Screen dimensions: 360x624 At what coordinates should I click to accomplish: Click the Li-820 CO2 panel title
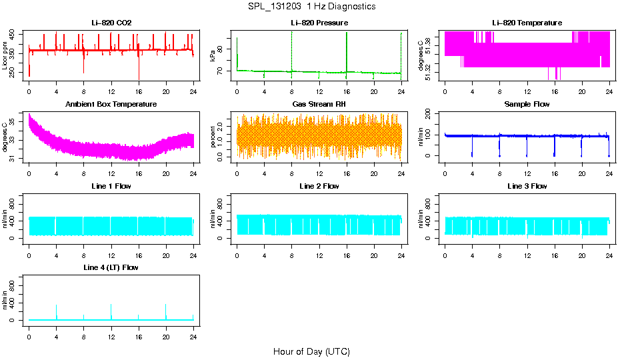[x=111, y=23]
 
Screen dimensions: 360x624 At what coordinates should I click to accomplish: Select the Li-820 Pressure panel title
[x=319, y=23]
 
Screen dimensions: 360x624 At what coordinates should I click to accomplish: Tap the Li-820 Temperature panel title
[x=527, y=23]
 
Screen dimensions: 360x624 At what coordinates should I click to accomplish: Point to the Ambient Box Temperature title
[x=111, y=105]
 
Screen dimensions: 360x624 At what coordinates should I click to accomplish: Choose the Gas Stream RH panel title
[x=319, y=105]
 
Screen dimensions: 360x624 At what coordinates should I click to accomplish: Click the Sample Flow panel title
[x=527, y=105]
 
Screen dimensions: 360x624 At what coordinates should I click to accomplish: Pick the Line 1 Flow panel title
[x=111, y=186]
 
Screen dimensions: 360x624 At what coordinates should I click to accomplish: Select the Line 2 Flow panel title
[x=319, y=186]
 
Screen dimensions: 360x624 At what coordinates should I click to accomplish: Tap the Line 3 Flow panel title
[x=527, y=186]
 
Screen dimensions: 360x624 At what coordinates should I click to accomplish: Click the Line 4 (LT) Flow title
[x=111, y=267]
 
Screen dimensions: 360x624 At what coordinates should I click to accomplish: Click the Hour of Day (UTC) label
[x=311, y=351]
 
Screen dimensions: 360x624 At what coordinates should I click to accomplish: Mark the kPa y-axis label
[x=213, y=55]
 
